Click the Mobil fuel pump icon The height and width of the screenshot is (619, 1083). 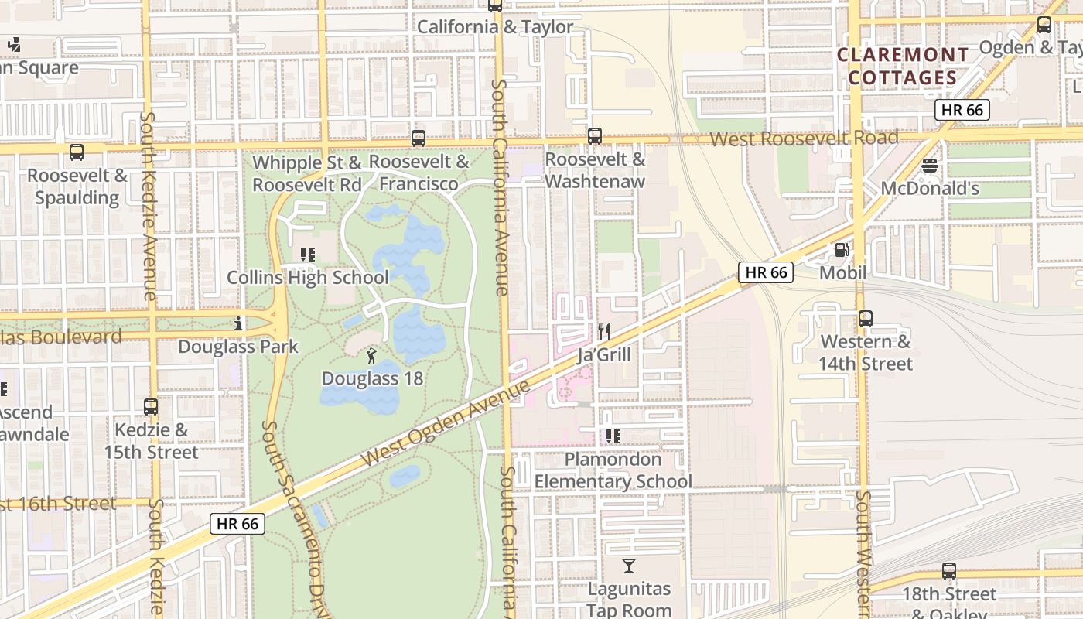coord(842,250)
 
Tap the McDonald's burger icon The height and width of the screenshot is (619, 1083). coord(930,166)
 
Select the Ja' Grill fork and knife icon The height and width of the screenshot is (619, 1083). coord(604,332)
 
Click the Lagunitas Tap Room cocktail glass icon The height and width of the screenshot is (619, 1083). coord(629,566)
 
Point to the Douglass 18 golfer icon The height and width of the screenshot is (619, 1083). coord(372,356)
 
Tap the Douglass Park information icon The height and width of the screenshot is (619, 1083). coord(238,323)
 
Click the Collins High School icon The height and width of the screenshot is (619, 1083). coord(307,254)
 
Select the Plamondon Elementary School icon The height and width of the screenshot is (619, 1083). coord(613,436)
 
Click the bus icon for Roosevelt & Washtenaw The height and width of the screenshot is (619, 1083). coord(595,136)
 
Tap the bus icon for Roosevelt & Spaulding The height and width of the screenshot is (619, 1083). coord(77,152)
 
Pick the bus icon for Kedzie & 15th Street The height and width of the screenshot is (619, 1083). coord(151,406)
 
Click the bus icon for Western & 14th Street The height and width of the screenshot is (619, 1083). coord(866,318)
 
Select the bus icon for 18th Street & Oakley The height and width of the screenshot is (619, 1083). coord(949,571)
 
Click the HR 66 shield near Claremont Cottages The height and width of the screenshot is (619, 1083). coord(962,110)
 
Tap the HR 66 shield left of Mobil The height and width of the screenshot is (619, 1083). coord(766,272)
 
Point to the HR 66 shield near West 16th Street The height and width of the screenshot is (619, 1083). coord(237,524)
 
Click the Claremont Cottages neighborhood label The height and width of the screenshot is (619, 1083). coord(903,67)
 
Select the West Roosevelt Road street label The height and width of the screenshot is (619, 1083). coord(804,139)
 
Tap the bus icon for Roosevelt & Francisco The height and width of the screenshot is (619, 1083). coord(419,139)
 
